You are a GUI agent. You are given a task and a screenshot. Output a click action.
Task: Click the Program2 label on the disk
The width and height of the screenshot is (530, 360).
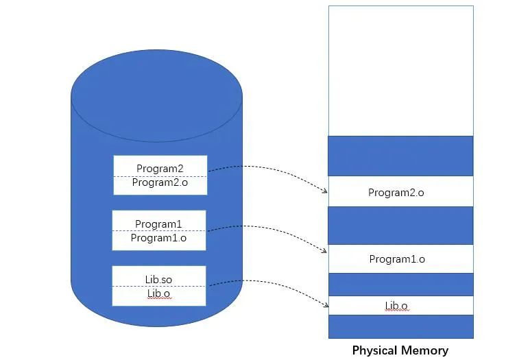(160, 169)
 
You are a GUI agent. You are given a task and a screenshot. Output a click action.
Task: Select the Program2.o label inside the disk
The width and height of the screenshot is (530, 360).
(160, 183)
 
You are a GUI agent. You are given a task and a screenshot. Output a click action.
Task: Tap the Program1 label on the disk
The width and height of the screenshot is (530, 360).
(158, 224)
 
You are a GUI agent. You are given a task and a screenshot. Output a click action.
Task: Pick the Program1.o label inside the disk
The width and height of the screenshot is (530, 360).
(158, 239)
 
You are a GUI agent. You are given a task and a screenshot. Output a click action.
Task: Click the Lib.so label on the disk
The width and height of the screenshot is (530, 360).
(158, 280)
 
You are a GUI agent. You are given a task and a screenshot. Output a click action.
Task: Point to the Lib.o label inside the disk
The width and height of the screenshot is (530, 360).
(158, 293)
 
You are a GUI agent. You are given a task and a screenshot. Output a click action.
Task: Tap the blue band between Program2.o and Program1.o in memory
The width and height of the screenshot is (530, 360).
(400, 226)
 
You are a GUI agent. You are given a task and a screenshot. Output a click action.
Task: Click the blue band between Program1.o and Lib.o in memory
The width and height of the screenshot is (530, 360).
(400, 284)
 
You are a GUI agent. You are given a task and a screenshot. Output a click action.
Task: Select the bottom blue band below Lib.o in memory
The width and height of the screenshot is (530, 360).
(400, 326)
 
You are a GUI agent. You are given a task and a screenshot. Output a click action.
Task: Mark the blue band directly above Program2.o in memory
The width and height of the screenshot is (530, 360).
(400, 156)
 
